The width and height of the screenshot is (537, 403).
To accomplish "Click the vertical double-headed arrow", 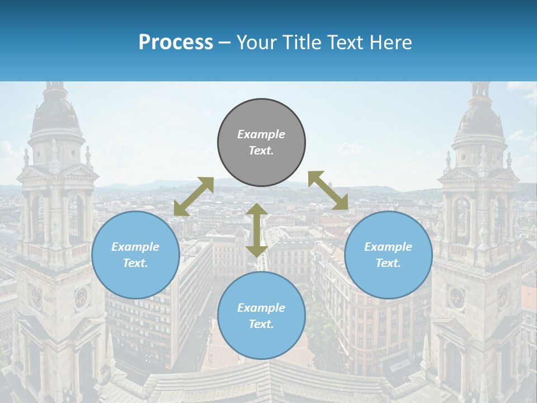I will click(x=257, y=230).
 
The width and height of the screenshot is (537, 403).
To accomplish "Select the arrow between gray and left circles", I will click(x=194, y=196).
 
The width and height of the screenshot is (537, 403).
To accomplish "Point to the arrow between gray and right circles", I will click(x=328, y=190).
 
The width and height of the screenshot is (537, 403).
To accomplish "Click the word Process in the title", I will click(x=176, y=42).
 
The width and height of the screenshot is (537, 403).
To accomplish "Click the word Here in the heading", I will click(x=391, y=43).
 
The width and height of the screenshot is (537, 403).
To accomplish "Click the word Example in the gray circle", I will click(x=261, y=134).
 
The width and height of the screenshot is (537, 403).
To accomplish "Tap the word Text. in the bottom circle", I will click(x=261, y=324).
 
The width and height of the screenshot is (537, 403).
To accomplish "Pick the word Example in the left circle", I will click(x=135, y=247).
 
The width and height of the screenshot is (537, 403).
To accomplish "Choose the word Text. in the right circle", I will click(x=388, y=263).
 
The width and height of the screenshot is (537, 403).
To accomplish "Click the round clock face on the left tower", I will click(x=81, y=297).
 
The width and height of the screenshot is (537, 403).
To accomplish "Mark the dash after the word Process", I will click(x=225, y=43).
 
